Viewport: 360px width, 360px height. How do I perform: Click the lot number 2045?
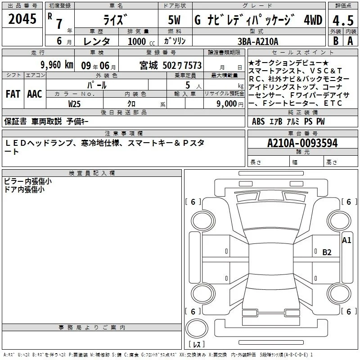[x=22, y=19]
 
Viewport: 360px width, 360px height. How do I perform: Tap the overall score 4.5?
[x=343, y=20]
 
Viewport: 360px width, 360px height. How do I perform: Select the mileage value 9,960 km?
[x=57, y=65]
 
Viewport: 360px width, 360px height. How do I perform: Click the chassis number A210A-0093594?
[x=302, y=143]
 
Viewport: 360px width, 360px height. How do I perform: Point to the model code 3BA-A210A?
[x=258, y=41]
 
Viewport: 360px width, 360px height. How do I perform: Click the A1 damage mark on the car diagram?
[x=346, y=240]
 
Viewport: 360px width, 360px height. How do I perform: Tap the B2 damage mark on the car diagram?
[x=327, y=252]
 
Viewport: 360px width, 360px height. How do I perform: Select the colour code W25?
[x=74, y=104]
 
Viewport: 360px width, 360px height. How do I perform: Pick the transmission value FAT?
[x=13, y=94]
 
